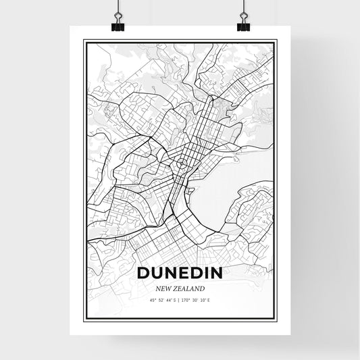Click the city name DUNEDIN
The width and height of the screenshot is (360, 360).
[180, 274]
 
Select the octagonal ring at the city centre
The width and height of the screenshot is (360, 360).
[182, 163]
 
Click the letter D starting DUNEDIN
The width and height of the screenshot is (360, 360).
[143, 274]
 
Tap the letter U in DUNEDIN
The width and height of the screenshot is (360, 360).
[159, 274]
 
